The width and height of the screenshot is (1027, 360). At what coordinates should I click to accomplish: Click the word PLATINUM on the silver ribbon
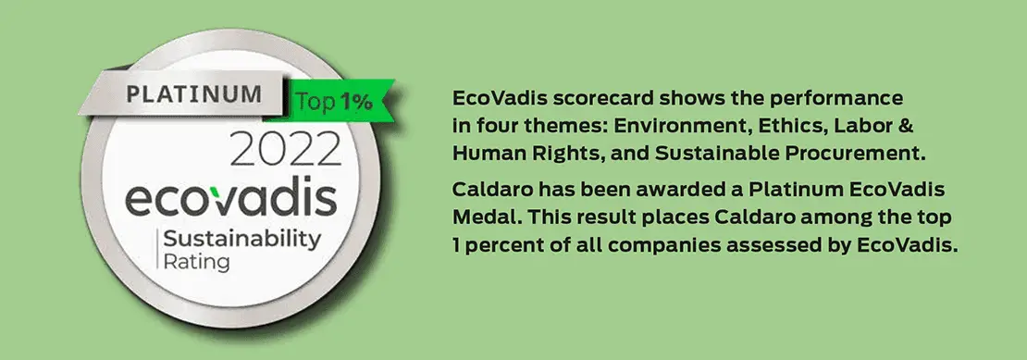194,94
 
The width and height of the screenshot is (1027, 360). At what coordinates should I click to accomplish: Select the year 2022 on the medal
286,151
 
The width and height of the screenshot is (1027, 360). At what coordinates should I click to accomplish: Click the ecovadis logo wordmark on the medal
230,198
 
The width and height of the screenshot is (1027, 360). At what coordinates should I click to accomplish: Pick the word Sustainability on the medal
242,241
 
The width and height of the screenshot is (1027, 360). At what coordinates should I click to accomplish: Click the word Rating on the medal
196,263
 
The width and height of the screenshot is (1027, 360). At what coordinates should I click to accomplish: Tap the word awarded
697,190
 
